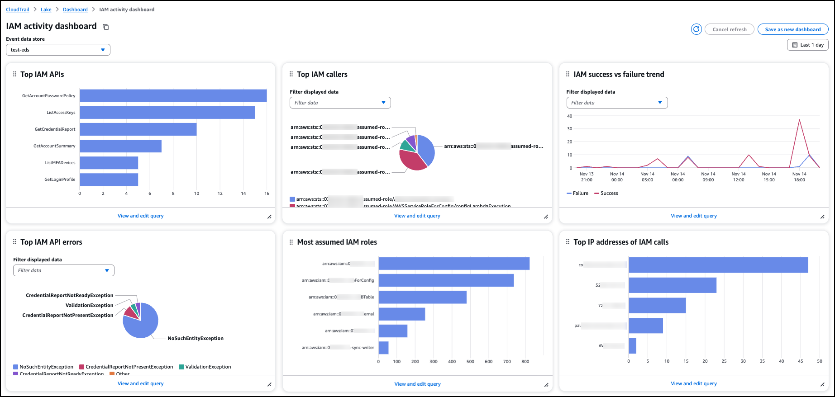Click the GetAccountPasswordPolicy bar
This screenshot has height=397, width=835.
tap(173, 96)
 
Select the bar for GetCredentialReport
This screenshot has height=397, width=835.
tap(138, 129)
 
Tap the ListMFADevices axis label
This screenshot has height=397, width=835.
tap(60, 163)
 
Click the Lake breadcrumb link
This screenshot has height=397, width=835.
tap(46, 9)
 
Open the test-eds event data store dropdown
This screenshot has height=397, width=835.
tap(58, 50)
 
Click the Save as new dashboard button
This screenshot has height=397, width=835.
tap(792, 29)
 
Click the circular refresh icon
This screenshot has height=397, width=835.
tap(696, 29)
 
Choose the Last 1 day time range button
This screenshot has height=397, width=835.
tap(808, 45)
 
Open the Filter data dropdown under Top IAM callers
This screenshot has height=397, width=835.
tap(340, 103)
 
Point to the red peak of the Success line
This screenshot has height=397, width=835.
tap(800, 120)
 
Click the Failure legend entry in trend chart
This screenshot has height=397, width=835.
tap(577, 193)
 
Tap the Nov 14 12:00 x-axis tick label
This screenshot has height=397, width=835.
tap(738, 177)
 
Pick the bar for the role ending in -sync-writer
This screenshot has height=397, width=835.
tap(383, 348)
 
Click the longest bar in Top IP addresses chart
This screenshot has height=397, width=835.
tap(718, 265)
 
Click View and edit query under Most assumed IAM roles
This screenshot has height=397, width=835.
tap(417, 384)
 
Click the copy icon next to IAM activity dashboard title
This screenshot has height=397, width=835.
tap(105, 27)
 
